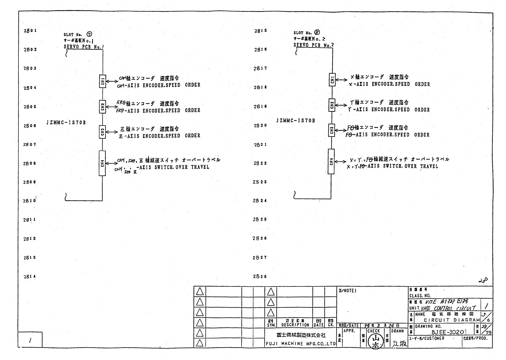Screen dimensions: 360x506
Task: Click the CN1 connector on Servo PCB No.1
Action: pos(103,81)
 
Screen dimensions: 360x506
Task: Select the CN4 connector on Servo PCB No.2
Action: pos(331,162)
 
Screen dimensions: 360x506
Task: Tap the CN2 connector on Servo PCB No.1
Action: pos(103,106)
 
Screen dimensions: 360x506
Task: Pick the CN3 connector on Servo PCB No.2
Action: pos(332,130)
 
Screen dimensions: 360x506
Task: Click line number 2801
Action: pos(30,31)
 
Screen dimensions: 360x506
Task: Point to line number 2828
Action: pos(260,276)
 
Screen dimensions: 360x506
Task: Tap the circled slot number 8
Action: pos(317,33)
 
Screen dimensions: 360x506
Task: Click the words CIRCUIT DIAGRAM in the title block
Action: pos(452,320)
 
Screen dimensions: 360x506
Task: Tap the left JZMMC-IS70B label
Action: pos(66,123)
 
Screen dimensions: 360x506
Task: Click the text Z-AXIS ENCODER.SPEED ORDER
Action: pos(159,136)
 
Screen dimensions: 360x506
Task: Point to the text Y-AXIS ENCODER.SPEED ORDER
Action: pos(389,110)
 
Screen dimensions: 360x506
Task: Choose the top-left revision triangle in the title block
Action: pos(199,291)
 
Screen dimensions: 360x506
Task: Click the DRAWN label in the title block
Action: pos(397,331)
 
